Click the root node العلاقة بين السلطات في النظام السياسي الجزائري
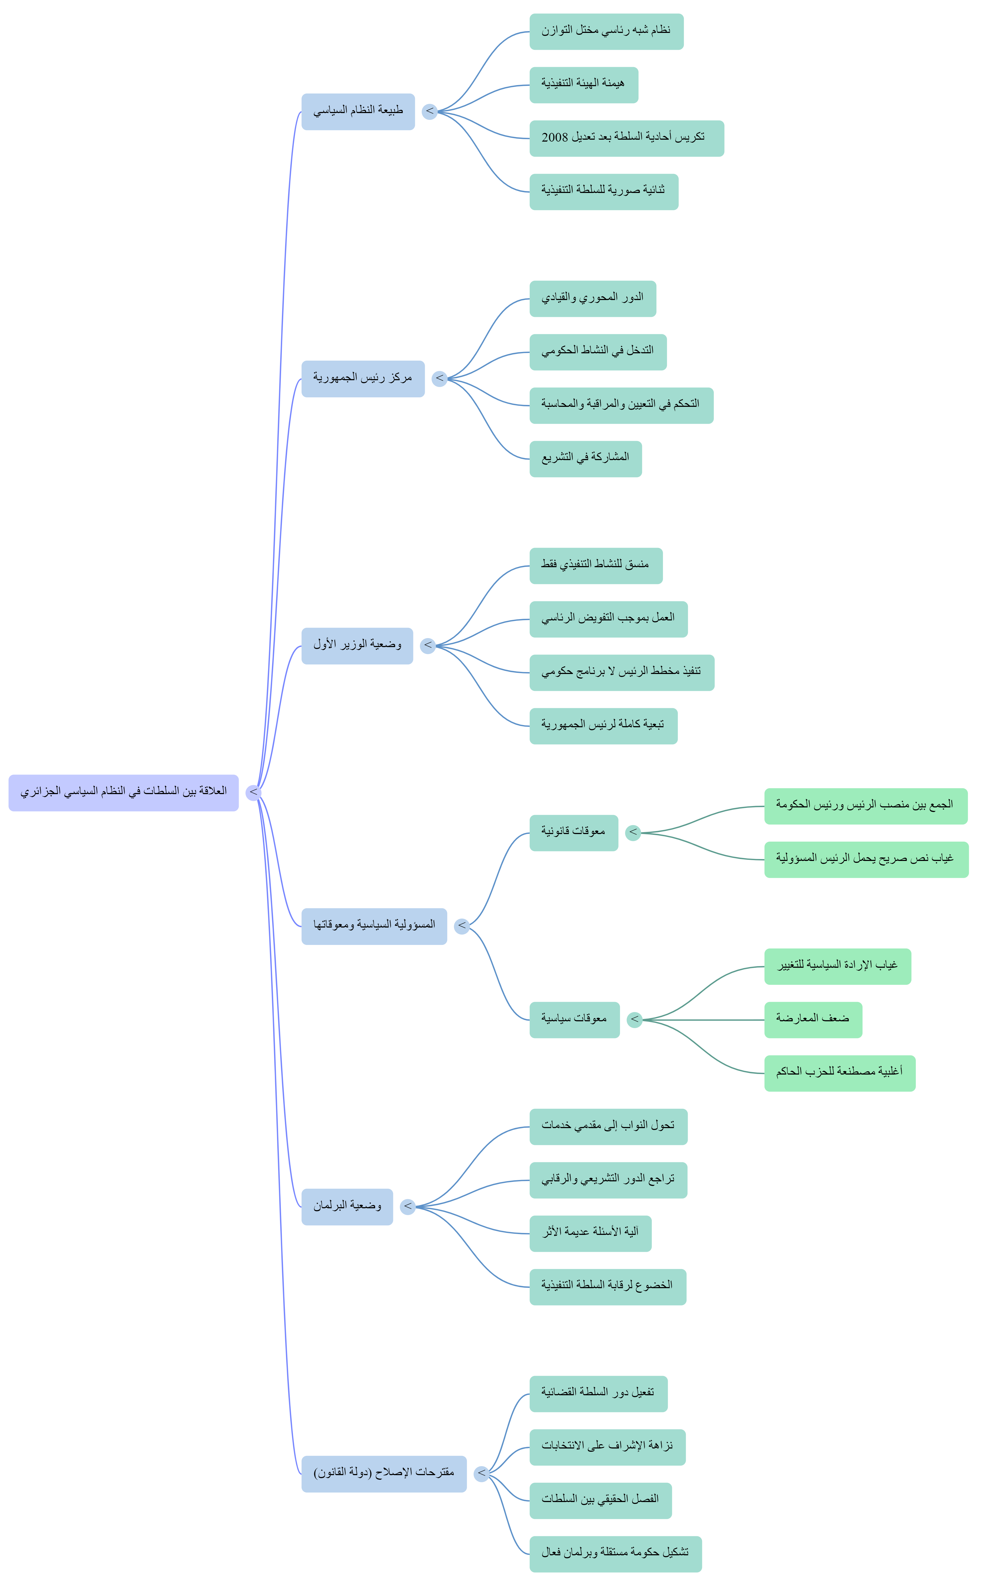123,792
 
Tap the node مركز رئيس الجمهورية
363,379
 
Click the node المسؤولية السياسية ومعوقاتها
374,926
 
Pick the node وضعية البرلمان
347,1207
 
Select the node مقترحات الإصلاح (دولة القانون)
384,1474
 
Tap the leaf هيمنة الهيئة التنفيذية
583,85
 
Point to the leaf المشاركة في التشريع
585,458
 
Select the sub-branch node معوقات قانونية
573,832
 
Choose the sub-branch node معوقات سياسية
574,1020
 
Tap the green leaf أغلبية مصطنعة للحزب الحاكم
839,1073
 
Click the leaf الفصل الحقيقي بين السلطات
600,1500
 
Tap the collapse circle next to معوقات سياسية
634,1020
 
